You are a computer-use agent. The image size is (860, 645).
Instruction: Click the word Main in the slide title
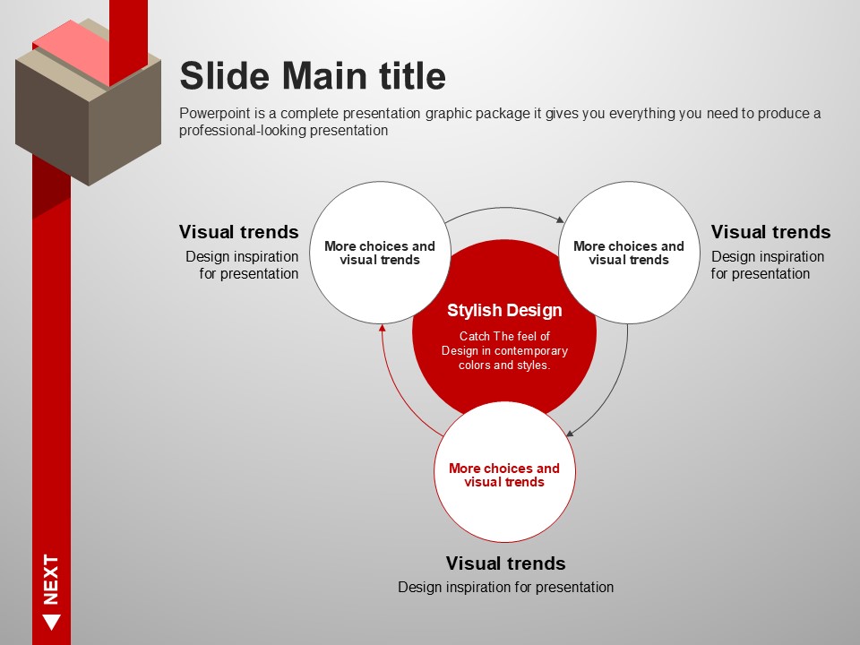click(x=324, y=75)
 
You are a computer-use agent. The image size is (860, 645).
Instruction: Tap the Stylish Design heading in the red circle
click(x=504, y=311)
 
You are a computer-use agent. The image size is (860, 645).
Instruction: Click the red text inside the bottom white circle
click(x=504, y=475)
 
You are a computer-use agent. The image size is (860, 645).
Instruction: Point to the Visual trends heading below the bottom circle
click(x=505, y=563)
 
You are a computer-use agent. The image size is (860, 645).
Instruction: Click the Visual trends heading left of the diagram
click(x=238, y=232)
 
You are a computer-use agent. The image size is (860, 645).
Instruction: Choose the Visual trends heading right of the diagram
click(x=770, y=232)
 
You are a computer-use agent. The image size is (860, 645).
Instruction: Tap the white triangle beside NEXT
click(x=52, y=623)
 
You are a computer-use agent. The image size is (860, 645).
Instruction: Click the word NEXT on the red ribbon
click(x=51, y=580)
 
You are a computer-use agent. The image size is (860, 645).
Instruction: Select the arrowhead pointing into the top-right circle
click(x=560, y=219)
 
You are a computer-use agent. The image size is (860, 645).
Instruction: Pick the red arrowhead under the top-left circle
click(x=383, y=328)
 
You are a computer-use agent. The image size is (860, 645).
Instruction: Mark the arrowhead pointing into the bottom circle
click(x=570, y=433)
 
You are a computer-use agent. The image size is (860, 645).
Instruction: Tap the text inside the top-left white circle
click(x=380, y=253)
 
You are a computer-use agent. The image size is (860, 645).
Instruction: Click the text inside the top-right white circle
click(x=629, y=253)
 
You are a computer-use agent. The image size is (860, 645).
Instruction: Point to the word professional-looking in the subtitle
click(x=243, y=131)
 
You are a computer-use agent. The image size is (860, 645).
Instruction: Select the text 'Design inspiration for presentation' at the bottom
click(x=505, y=588)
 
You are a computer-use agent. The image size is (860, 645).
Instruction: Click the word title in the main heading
click(x=412, y=75)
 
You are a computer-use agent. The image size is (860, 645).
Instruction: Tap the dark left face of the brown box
click(x=52, y=123)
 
